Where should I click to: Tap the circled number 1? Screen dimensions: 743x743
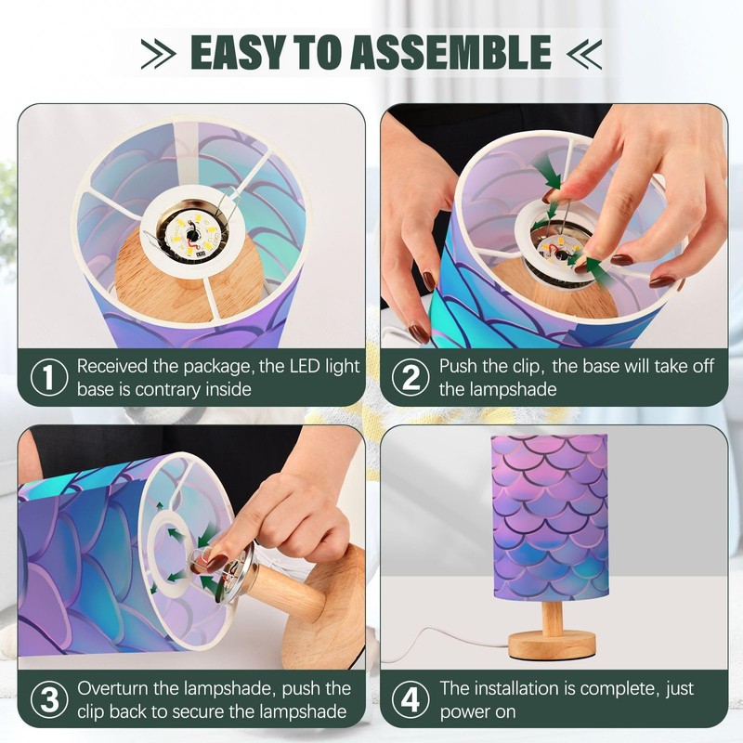point(49,378)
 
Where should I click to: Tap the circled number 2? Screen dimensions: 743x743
point(411,378)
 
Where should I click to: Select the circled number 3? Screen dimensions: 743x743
point(49,699)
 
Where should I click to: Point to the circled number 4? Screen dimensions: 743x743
point(411,699)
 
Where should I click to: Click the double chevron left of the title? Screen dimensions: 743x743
point(158,54)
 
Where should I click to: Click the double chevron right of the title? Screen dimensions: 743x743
point(584,54)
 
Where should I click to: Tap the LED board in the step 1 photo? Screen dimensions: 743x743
point(192,236)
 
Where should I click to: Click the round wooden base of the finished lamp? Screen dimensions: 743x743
point(552,645)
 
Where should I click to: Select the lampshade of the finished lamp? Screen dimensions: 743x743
point(550,517)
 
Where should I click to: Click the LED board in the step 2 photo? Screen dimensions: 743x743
point(562,254)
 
